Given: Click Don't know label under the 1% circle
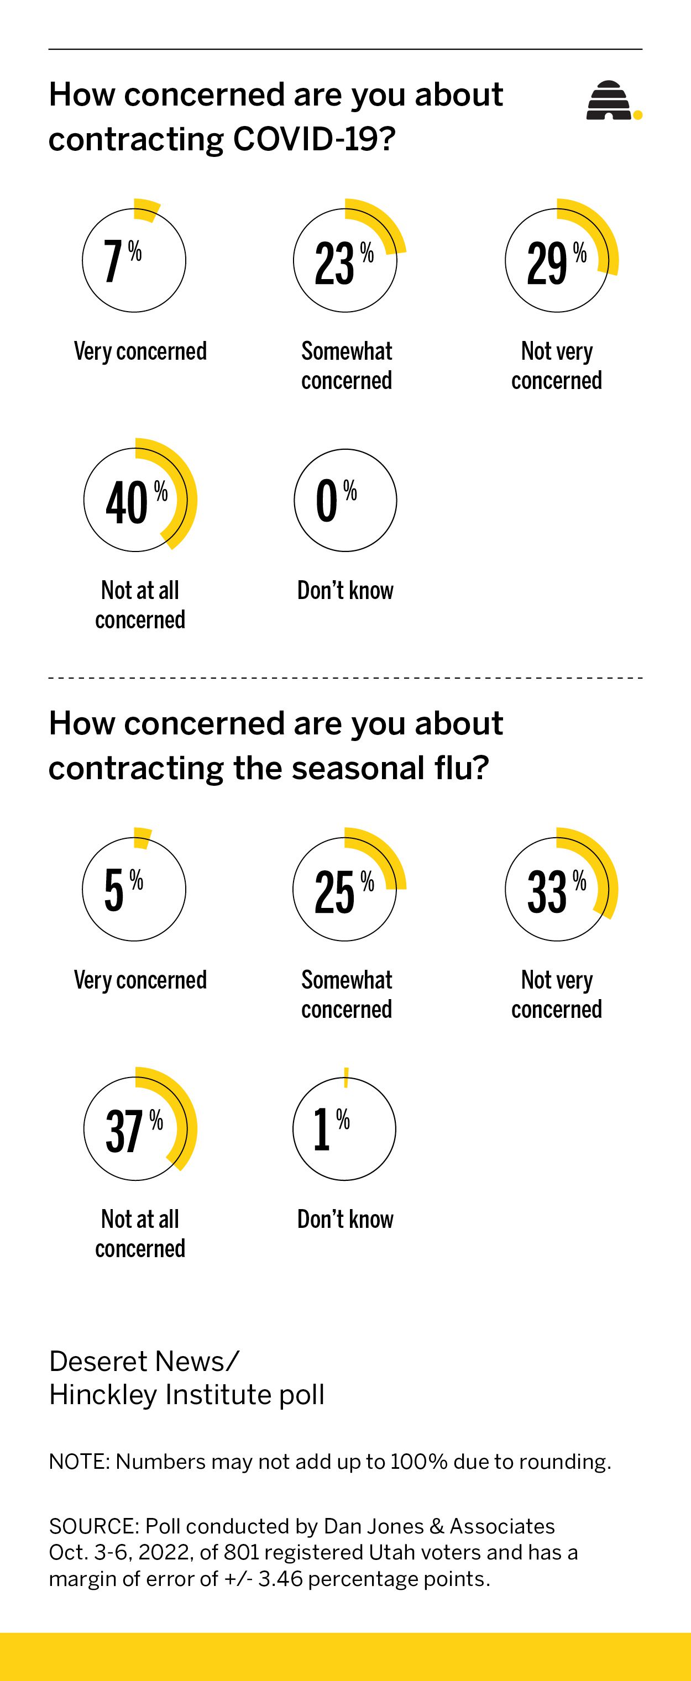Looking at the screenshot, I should coord(345,1219).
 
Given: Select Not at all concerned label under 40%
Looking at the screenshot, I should coord(140,605).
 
